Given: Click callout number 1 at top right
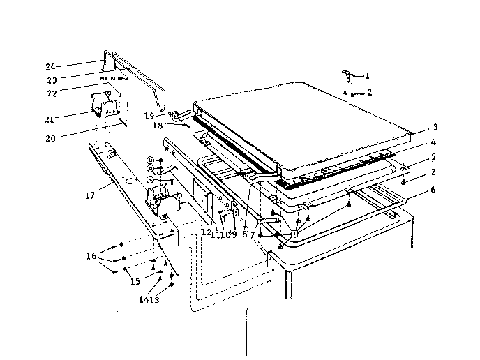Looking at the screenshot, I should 368,75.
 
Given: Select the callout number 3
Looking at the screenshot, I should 435,127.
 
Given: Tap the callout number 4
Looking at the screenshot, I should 434,142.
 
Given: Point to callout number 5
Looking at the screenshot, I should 434,157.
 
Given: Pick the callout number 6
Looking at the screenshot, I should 434,190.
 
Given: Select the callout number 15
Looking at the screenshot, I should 134,281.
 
